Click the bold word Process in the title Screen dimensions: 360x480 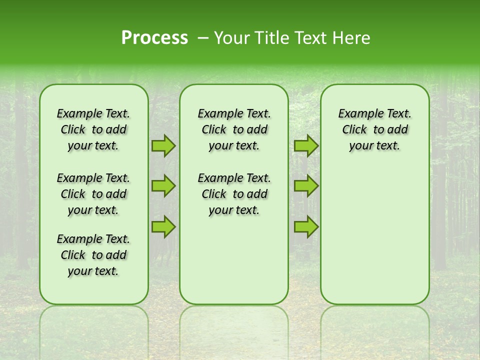tap(154, 38)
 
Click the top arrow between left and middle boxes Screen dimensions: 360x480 tap(163, 145)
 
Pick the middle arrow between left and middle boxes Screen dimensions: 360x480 tap(163, 186)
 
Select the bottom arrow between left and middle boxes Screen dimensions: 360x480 tap(163, 226)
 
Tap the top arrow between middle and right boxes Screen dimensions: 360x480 tap(306, 145)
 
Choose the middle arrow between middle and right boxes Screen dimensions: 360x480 tap(306, 186)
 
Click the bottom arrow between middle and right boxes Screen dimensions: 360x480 tap(306, 226)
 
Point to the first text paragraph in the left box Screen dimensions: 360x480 tap(93, 129)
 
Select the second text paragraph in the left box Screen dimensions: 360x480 tap(93, 194)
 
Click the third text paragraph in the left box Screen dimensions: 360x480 tap(93, 255)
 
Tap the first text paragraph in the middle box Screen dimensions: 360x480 tap(234, 129)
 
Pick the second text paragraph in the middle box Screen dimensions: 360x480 tap(234, 194)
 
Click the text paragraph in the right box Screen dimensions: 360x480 tap(375, 129)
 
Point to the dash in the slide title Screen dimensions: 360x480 tap(203, 38)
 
